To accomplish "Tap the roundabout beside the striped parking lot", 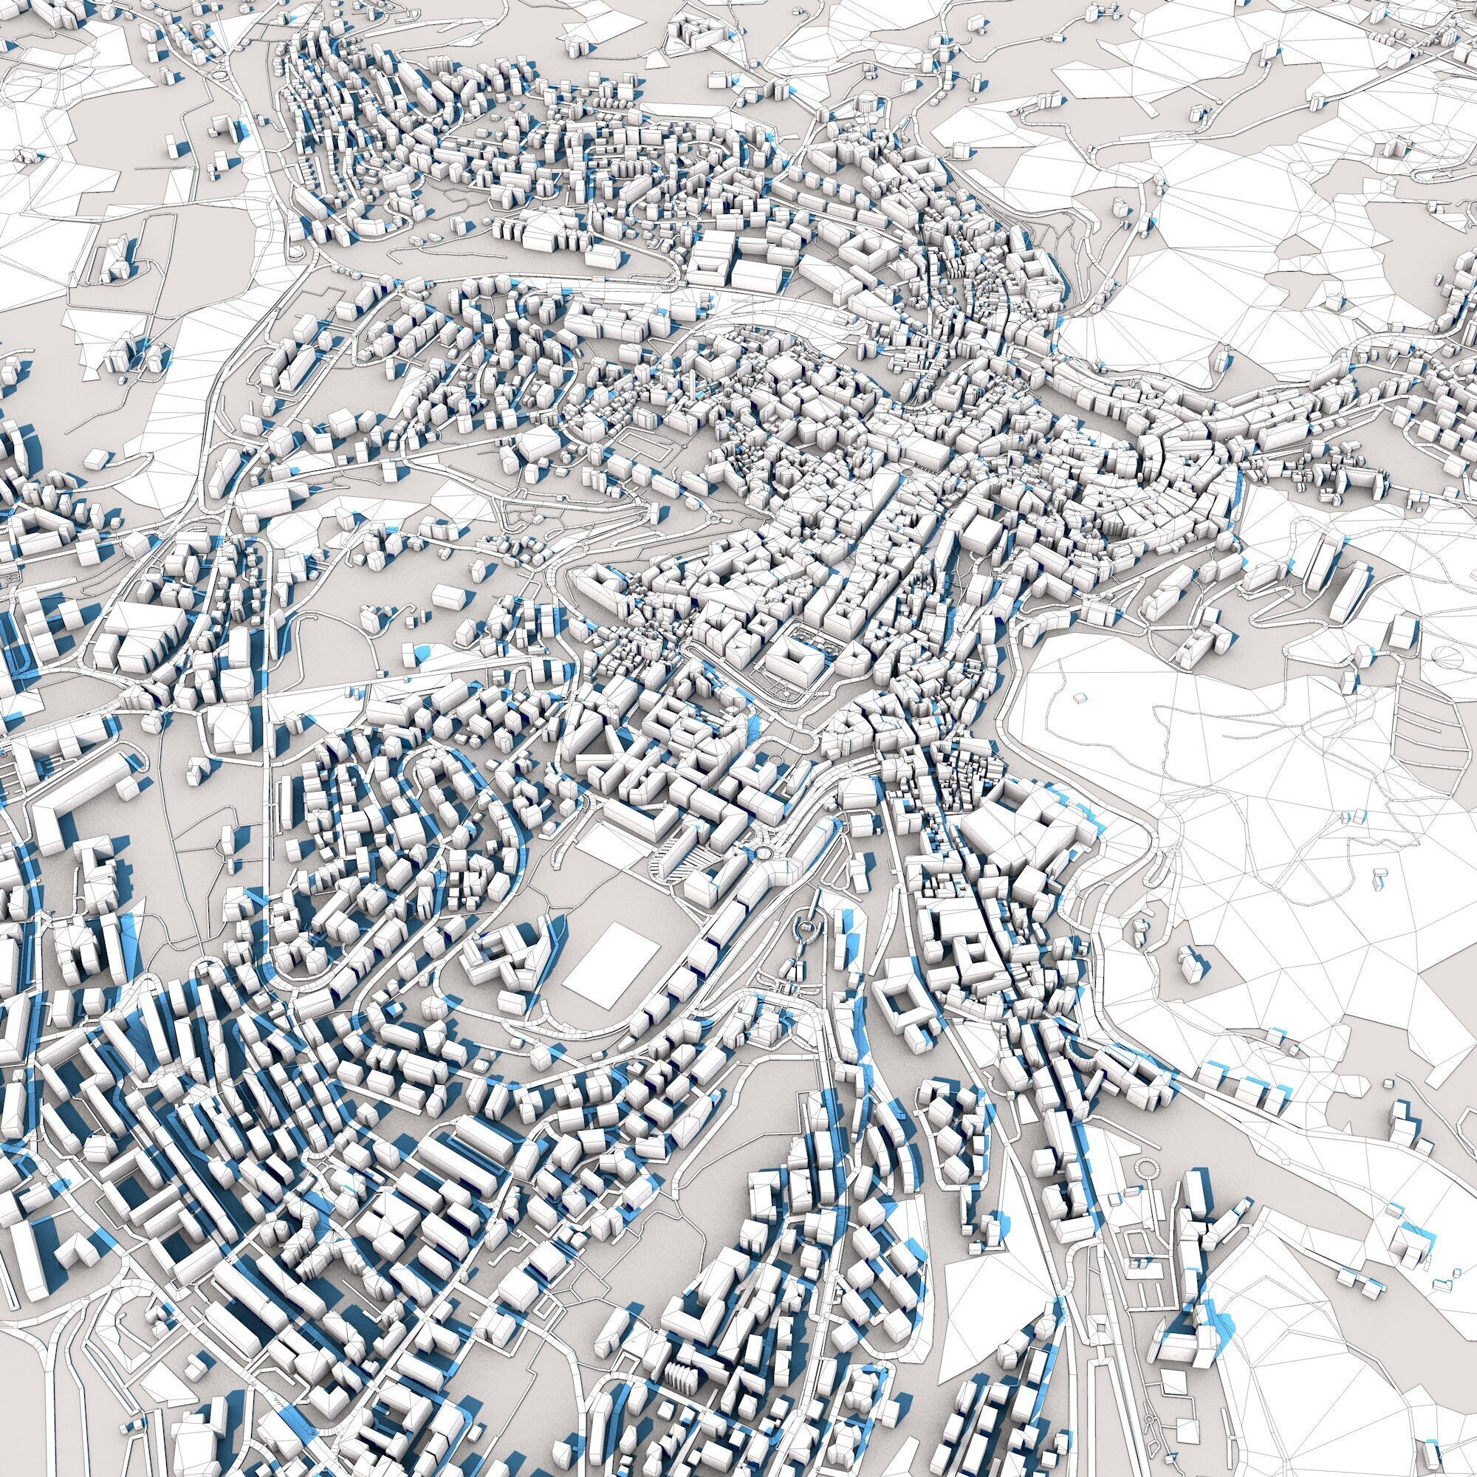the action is point(764,853).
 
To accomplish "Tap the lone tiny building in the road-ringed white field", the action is point(1080,697).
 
